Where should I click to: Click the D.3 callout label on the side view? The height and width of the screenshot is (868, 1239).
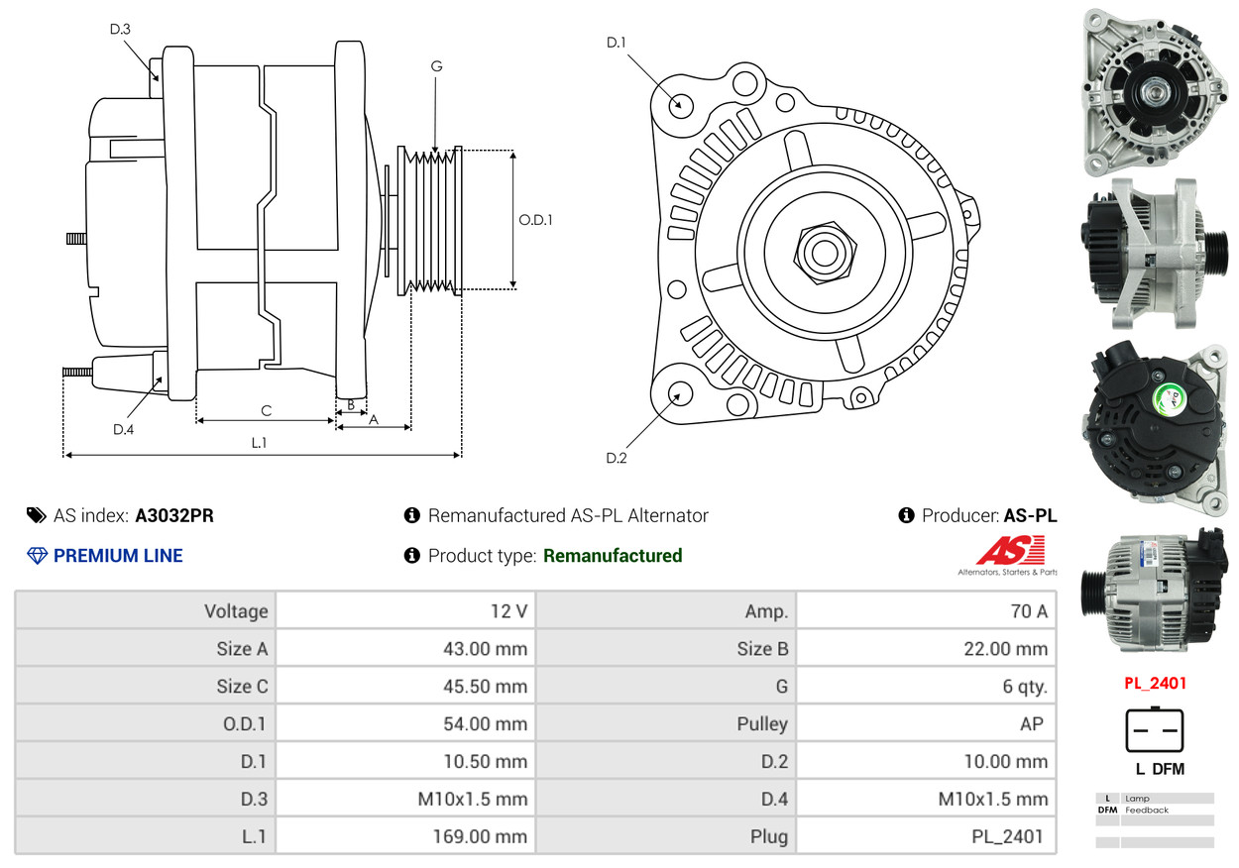pos(120,29)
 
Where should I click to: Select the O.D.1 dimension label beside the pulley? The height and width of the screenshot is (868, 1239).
pos(535,220)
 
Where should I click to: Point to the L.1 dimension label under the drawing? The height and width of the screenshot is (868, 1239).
pos(259,443)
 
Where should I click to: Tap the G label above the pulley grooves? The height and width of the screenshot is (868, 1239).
pos(436,66)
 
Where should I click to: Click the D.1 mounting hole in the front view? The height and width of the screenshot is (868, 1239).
pos(680,104)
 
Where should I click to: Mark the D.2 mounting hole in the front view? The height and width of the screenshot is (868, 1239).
pos(679,393)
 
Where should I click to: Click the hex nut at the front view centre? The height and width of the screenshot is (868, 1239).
pos(822,251)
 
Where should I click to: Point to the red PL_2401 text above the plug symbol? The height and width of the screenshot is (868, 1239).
pos(1155,684)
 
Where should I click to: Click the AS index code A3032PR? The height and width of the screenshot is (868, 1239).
pos(174,515)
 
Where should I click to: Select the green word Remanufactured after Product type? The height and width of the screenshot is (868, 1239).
pos(613,556)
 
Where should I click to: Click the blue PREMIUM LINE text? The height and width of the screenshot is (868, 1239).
pos(118,556)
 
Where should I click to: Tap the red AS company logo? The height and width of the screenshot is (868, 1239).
pos(1010,550)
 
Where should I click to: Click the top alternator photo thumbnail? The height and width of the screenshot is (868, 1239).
pos(1154,91)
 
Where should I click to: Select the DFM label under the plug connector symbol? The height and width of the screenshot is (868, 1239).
pos(1168,769)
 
